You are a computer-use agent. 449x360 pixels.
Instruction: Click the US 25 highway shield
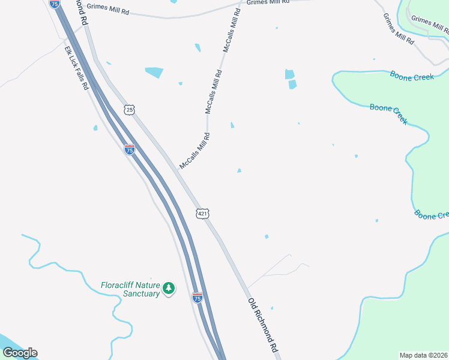tap(130, 110)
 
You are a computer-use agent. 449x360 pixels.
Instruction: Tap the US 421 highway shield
tap(202, 213)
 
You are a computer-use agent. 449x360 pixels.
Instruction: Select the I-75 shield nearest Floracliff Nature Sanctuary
tap(197, 297)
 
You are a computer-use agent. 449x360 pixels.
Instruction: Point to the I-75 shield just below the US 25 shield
tap(129, 149)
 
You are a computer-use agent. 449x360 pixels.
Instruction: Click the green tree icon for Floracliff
tap(169, 289)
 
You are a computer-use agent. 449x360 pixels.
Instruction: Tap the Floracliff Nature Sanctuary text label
tap(130, 289)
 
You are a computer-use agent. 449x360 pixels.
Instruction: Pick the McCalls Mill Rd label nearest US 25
tap(194, 151)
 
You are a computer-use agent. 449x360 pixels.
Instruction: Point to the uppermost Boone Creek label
tap(412, 76)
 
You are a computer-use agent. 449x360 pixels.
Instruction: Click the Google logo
tap(20, 353)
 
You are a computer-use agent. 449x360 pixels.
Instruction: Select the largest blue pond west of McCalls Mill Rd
tap(154, 72)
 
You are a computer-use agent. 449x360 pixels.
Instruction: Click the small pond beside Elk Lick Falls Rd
tap(95, 127)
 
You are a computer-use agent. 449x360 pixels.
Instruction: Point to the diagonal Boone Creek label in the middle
tap(388, 113)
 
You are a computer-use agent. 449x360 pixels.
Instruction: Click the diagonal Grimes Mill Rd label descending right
tap(399, 30)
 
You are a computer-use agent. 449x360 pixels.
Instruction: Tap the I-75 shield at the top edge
tap(55, 4)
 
